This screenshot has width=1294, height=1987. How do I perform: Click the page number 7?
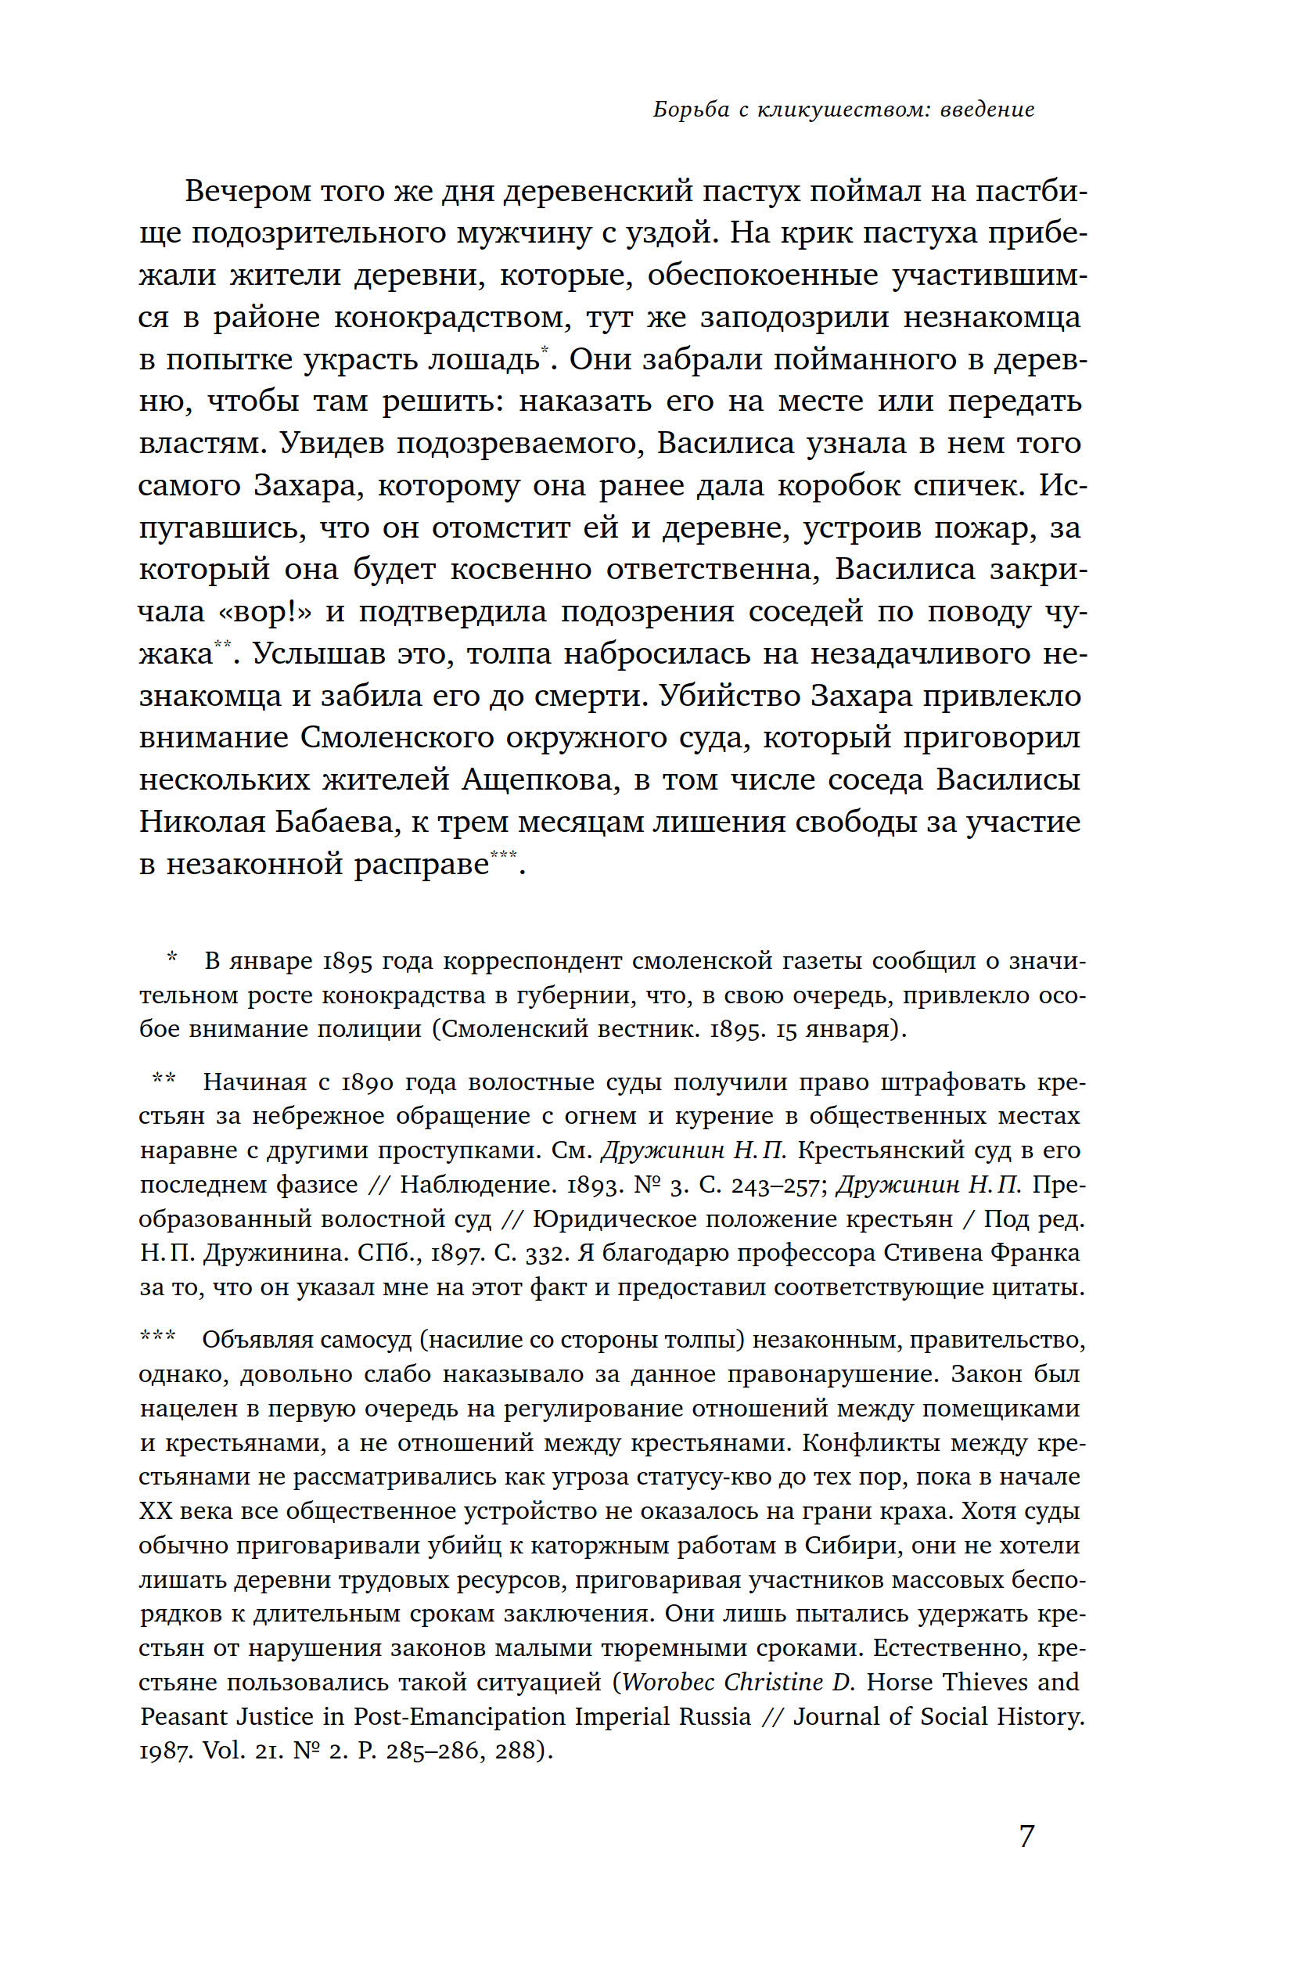coord(1026,1835)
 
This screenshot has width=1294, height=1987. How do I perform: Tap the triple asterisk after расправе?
coord(503,854)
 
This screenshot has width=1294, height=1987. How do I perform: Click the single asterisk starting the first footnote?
coord(172,958)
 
